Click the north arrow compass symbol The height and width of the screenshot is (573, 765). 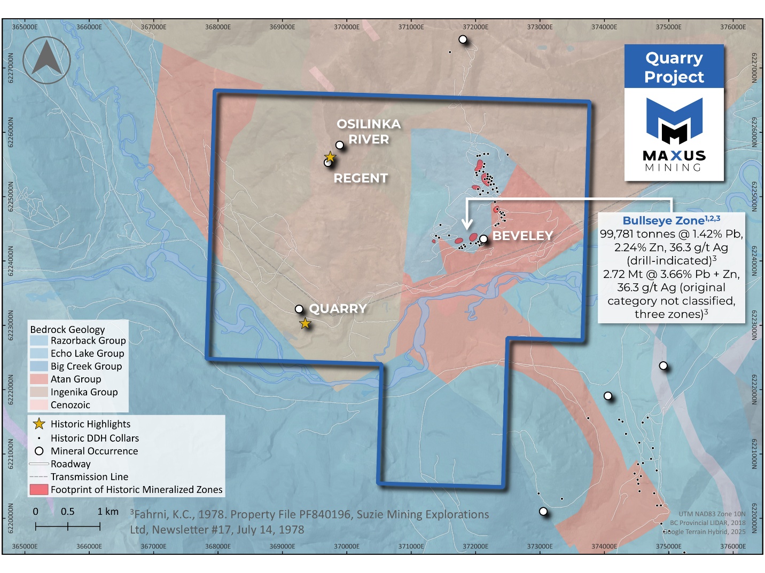[x=46, y=60]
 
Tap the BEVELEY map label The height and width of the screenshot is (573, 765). [x=522, y=236]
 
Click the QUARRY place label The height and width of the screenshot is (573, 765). [x=338, y=309]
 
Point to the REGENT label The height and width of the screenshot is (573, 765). [x=361, y=178]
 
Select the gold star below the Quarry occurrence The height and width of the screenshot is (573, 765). [x=305, y=323]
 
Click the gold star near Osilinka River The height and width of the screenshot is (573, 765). [x=330, y=156]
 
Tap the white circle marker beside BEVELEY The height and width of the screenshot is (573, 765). [x=483, y=239]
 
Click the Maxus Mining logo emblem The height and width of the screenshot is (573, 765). [x=674, y=121]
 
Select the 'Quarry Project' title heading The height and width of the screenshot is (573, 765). [x=674, y=67]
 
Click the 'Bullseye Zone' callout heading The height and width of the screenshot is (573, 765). [x=663, y=221]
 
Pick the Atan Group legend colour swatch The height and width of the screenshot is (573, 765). [x=38, y=379]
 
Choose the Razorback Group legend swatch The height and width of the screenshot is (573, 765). [x=38, y=340]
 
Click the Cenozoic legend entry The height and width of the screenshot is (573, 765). [x=70, y=405]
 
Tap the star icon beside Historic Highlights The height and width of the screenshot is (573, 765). [x=39, y=424]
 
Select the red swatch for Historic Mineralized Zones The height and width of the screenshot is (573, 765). [x=38, y=490]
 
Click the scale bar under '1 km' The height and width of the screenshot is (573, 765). [x=84, y=527]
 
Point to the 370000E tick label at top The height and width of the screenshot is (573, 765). [x=347, y=27]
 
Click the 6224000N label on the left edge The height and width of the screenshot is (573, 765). [x=10, y=261]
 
